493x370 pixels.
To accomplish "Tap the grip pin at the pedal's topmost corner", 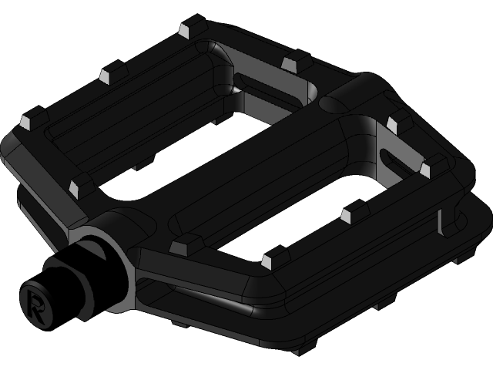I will click(184, 30).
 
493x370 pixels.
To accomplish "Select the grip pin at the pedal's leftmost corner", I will click(25, 122).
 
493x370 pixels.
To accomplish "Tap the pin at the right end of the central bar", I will click(394, 124).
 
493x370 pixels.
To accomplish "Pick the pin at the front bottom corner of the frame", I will click(269, 261).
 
